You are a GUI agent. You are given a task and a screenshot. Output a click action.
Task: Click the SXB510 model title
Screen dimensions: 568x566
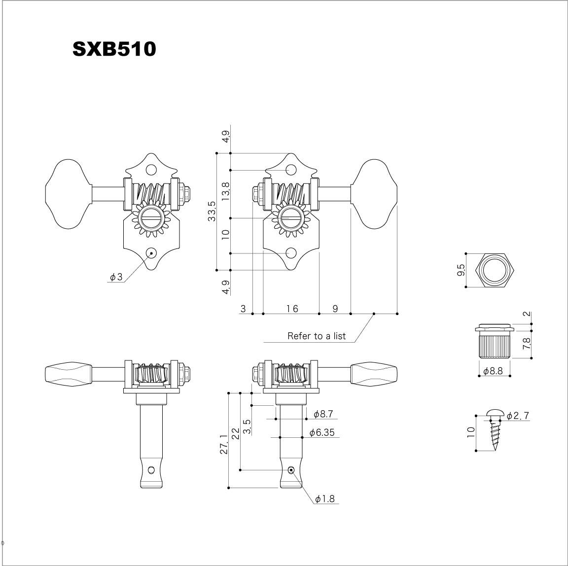[114, 49]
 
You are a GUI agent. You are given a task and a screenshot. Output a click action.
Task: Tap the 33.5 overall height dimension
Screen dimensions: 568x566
[212, 212]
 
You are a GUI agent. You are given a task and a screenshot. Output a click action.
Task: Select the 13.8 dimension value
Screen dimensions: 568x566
[226, 192]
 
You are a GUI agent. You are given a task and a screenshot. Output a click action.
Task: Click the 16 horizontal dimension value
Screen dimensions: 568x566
[292, 309]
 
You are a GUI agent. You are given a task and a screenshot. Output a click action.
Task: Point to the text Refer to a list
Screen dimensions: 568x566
[317, 336]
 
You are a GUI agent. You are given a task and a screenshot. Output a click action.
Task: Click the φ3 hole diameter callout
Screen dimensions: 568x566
[117, 278]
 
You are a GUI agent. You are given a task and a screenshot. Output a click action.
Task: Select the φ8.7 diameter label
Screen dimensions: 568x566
[323, 414]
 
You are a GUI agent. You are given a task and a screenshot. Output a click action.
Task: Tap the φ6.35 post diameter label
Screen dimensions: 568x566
[322, 432]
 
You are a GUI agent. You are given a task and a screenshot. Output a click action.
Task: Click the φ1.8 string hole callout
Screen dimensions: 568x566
[324, 499]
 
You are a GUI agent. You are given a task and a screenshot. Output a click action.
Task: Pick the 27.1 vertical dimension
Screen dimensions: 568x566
[224, 444]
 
